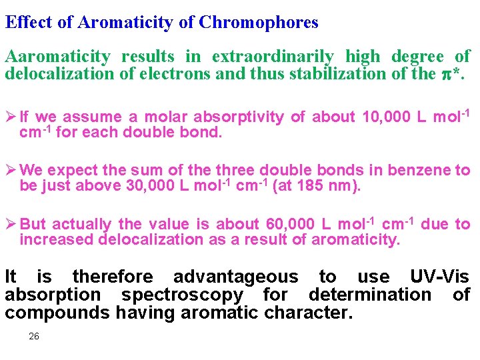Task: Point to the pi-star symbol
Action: [450, 74]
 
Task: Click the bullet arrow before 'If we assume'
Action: [11, 117]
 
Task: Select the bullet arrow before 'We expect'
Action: [11, 171]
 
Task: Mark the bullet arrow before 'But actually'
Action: [11, 225]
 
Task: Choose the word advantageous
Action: [235, 277]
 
